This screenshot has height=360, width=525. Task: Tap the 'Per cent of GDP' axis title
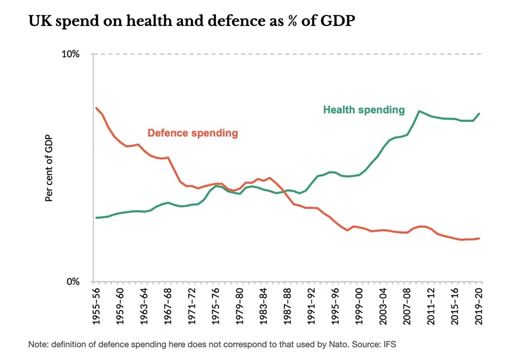coord(49,168)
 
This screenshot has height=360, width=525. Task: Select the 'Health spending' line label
coord(363,110)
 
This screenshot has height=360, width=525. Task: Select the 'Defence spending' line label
coord(192,133)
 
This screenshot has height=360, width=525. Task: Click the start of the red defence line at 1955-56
coord(96,108)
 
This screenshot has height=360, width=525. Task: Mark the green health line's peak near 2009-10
coord(419,111)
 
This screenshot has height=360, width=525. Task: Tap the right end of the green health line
coord(479,114)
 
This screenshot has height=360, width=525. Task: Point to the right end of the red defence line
coord(479,238)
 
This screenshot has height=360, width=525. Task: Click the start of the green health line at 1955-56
coord(96,218)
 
